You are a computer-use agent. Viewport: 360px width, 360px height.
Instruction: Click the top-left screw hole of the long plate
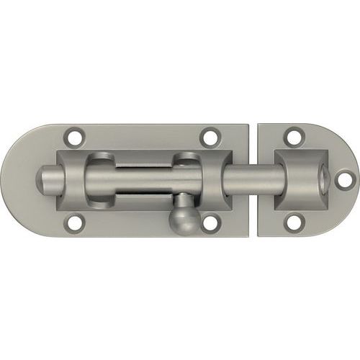(x=73, y=135)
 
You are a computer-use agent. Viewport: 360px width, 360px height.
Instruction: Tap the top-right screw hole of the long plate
(x=210, y=135)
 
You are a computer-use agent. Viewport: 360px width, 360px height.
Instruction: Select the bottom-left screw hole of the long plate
(x=73, y=224)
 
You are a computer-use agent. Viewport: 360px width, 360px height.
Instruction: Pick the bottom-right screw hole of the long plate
(x=210, y=223)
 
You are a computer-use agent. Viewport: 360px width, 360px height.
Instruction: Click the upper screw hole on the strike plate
(x=293, y=135)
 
